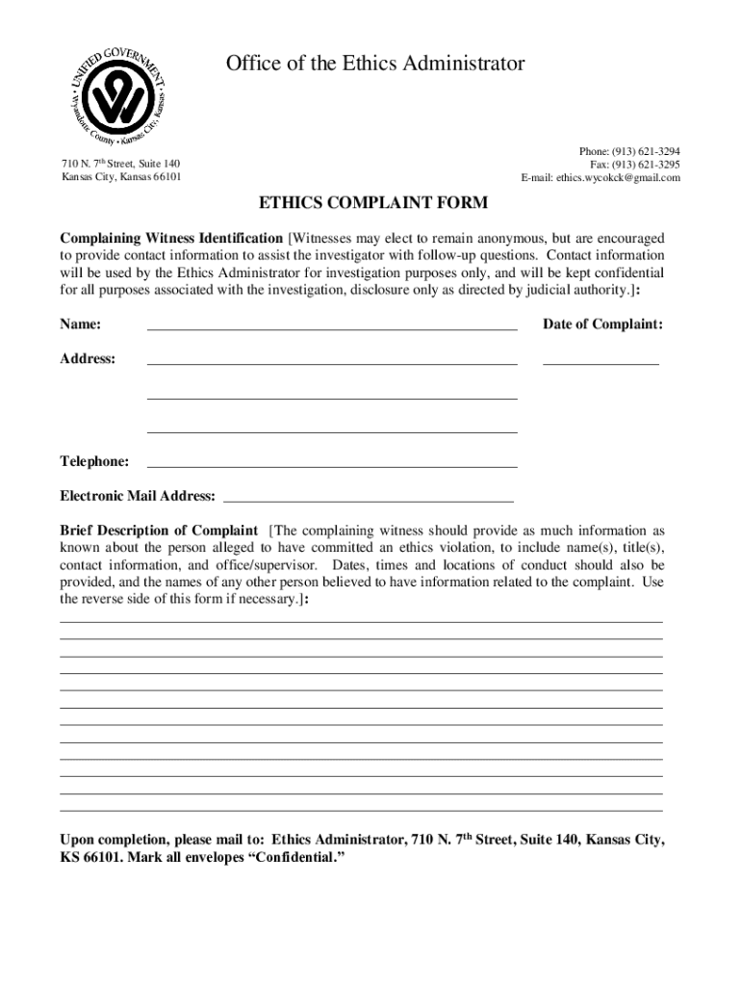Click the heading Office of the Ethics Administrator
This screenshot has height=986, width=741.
tap(375, 64)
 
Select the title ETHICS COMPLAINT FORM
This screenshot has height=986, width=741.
tap(372, 203)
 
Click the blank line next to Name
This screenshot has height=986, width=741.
tap(331, 326)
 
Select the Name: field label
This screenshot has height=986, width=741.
tap(81, 324)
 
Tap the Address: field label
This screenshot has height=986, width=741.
tap(88, 358)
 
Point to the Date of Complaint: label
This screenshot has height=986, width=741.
tap(602, 324)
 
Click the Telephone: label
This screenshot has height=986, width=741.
tap(94, 461)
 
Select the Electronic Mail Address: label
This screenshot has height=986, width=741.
tap(138, 496)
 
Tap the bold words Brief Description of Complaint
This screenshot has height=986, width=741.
tap(159, 531)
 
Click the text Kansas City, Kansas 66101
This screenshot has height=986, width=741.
tap(121, 177)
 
